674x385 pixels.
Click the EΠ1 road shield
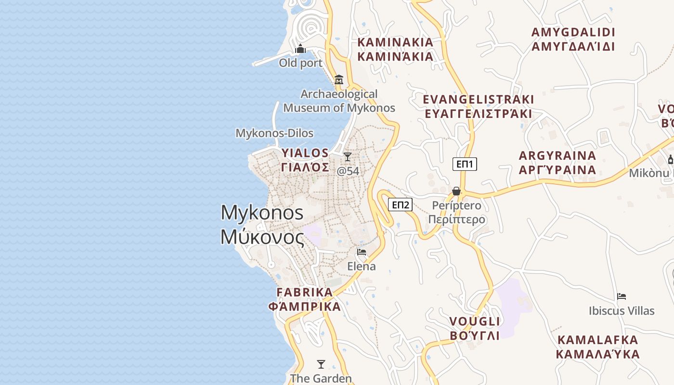pos(465,164)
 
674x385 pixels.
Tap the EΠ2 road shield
pos(400,205)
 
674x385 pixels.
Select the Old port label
pos(301,63)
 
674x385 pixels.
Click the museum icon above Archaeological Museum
pos(339,79)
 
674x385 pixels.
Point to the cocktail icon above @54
pos(347,157)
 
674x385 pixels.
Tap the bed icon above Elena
pos(362,252)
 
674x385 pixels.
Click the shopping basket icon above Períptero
pos(456,192)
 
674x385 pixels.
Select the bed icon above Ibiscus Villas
pos(622,296)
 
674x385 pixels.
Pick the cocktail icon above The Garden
pos(321,364)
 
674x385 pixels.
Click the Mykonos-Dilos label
pos(274,133)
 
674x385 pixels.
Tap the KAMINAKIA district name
pos(395,42)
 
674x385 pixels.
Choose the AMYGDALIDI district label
pos(573,33)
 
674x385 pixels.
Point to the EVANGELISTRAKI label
pos(478,100)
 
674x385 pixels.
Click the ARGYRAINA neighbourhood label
pos(557,156)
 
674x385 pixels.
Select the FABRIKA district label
pos(305,293)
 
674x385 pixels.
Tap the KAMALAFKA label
pos(597,340)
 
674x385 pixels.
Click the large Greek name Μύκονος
pos(262,237)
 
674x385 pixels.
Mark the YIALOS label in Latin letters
pos(305,154)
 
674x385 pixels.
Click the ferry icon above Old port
pos(301,49)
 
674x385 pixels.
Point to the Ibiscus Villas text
pos(622,311)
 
